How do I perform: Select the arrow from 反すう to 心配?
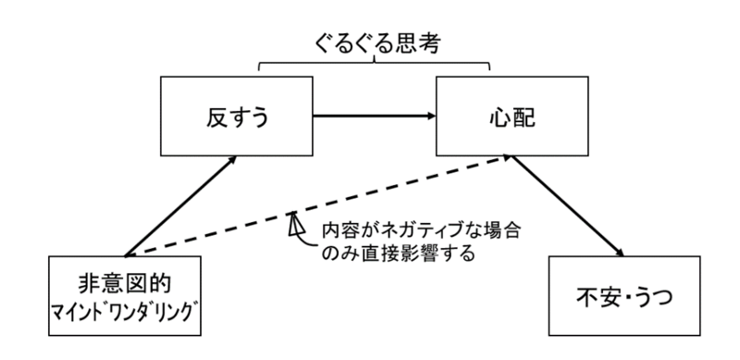(x=375, y=118)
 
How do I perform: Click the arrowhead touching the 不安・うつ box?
(x=613, y=255)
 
